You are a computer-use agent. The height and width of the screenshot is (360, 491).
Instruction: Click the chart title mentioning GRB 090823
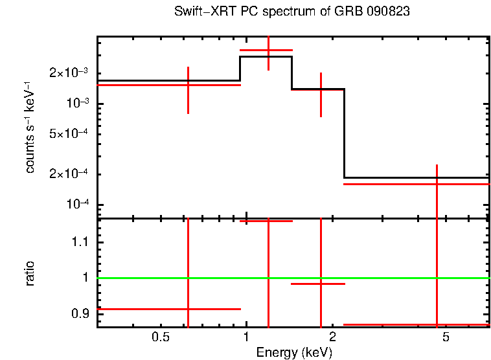[x=291, y=12]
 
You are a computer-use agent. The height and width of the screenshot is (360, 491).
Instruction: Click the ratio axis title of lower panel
[x=30, y=273]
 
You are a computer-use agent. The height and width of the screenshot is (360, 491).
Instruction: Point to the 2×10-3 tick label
[x=69, y=73]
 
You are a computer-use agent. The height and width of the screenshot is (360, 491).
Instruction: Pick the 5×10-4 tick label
[x=69, y=134]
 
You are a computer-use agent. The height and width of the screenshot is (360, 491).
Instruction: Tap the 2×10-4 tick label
[x=69, y=174]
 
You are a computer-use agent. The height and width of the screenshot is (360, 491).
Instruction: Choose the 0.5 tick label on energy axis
[x=160, y=337]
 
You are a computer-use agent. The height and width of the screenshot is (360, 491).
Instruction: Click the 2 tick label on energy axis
[x=332, y=337]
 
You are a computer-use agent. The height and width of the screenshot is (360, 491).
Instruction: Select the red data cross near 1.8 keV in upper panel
[x=321, y=91]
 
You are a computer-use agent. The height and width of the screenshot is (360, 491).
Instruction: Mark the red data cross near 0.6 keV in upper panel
[x=188, y=85]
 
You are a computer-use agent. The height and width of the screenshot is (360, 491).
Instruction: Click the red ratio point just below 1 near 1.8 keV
[x=321, y=284]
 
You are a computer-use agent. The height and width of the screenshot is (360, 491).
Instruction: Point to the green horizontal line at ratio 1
[x=389, y=278]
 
